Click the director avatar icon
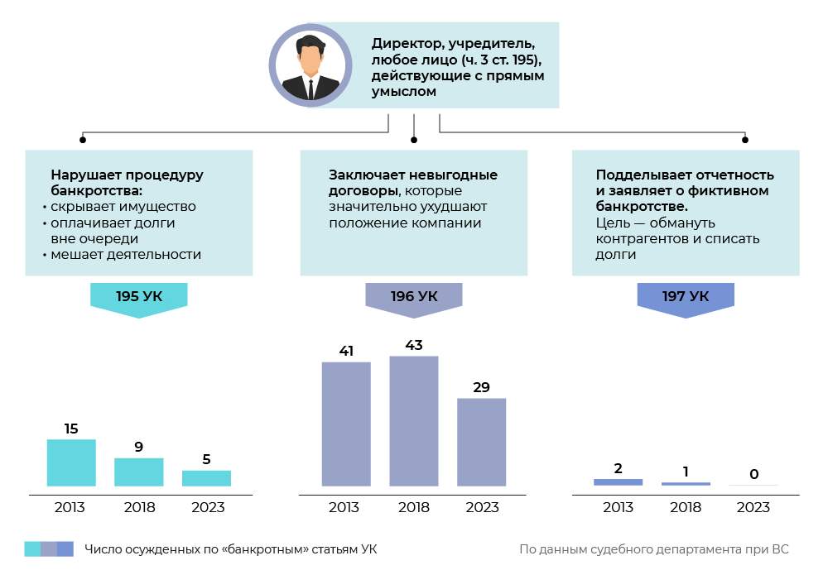pyautogui.click(x=310, y=65)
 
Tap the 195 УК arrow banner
pyautogui.click(x=139, y=297)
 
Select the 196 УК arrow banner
pyautogui.click(x=414, y=297)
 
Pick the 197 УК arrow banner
pyautogui.click(x=686, y=297)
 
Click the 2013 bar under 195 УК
pyautogui.click(x=71, y=462)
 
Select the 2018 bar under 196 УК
pyautogui.click(x=414, y=420)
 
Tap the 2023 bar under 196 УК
pyautogui.click(x=482, y=442)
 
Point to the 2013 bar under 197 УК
pyautogui.click(x=618, y=481)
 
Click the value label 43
pyautogui.click(x=414, y=344)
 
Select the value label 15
pyautogui.click(x=71, y=429)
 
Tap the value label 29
pyautogui.click(x=482, y=386)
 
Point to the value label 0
pyautogui.click(x=753, y=474)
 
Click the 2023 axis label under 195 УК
pyautogui.click(x=207, y=507)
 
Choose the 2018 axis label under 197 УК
pyautogui.click(x=686, y=507)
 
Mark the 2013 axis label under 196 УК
pyautogui.click(x=346, y=507)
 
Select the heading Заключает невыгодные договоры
pyautogui.click(x=412, y=183)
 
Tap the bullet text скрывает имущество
pyautogui.click(x=123, y=207)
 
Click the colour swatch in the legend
pyautogui.click(x=49, y=548)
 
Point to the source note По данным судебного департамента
pyautogui.click(x=654, y=548)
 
